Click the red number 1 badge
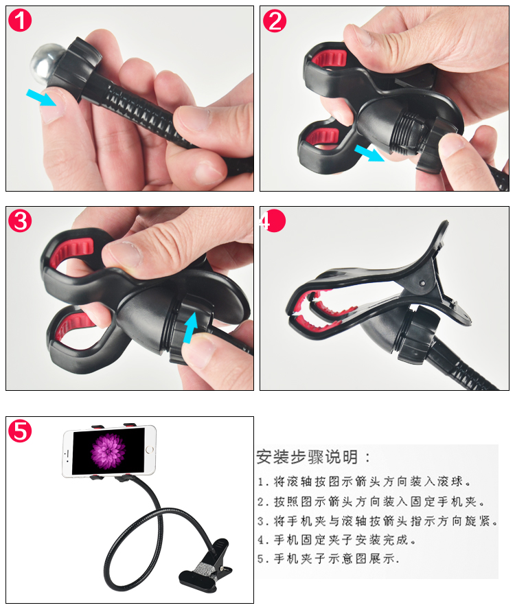coord(20,20)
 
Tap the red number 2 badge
coord(274,21)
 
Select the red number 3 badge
coord(20,220)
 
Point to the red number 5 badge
coord(20,431)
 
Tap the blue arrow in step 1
coord(41,98)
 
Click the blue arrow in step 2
coord(369,152)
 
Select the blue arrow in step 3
coord(190,328)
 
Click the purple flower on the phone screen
coord(108,451)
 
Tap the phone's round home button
coord(150,450)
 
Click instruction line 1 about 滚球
coord(364,481)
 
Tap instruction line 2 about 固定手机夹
coord(371,501)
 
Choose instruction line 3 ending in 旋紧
coord(377,521)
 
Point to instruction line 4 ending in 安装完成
coord(336,540)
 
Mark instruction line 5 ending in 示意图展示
coord(328,558)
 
